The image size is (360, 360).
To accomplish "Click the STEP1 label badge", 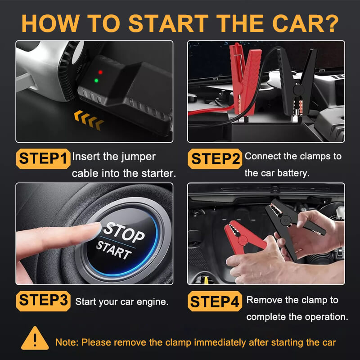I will (43, 158).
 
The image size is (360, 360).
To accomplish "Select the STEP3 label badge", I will (43, 300).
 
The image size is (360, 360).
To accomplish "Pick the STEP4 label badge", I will (215, 301).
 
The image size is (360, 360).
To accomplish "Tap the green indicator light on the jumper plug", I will (96, 81).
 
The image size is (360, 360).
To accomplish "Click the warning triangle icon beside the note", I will (35, 339).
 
